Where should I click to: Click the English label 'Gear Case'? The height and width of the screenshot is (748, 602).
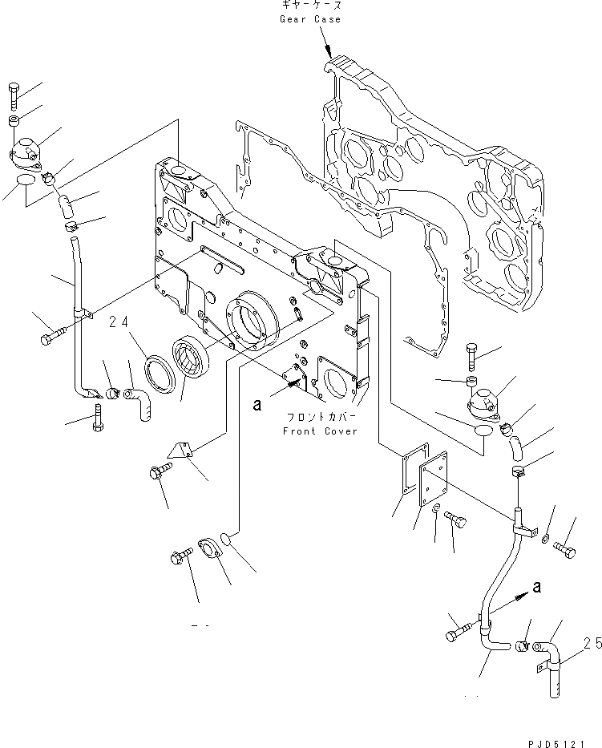click(309, 19)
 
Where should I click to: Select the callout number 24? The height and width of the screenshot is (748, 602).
click(142, 322)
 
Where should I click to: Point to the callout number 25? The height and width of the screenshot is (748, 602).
click(592, 642)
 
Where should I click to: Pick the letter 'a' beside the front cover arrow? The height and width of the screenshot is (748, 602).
click(257, 406)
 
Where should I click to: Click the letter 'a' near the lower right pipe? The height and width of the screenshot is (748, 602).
click(536, 587)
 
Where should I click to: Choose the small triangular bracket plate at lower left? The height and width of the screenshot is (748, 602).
click(183, 451)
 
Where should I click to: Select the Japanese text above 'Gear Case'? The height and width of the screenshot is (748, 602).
click(309, 6)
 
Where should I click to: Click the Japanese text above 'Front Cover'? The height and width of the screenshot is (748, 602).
click(320, 418)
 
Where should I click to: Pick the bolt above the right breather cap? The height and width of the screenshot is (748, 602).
click(471, 354)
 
